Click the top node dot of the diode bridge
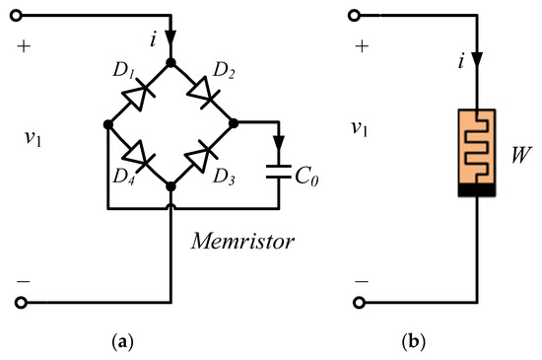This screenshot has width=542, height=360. pyautogui.click(x=171, y=62)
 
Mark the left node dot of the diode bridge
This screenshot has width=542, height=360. pyautogui.click(x=106, y=124)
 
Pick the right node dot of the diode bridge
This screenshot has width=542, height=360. pyautogui.click(x=236, y=124)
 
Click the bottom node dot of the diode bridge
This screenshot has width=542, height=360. pyautogui.click(x=171, y=186)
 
